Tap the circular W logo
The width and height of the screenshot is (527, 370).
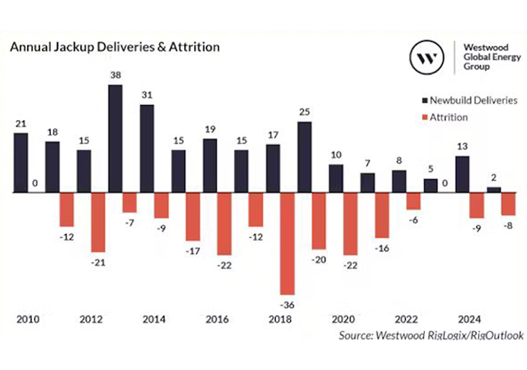click(426, 57)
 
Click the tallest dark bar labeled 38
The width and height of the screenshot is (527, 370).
click(115, 138)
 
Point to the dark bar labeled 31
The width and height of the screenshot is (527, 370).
click(147, 149)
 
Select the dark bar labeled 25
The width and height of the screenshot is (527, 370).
click(305, 157)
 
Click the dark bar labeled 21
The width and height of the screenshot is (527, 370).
click(21, 163)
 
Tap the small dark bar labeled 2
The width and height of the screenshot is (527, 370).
click(493, 190)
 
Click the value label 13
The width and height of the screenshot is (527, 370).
click(462, 146)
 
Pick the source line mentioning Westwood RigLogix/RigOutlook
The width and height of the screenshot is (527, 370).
click(431, 335)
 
